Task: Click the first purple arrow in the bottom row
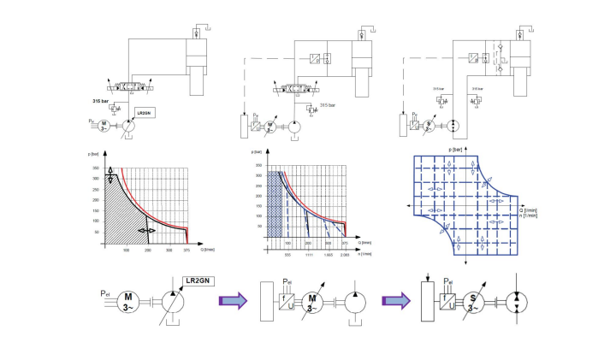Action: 231,300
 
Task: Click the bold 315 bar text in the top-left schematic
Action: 104,102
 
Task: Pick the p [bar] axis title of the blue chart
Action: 458,149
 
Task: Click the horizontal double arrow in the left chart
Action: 147,230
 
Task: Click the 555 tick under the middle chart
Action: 287,255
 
